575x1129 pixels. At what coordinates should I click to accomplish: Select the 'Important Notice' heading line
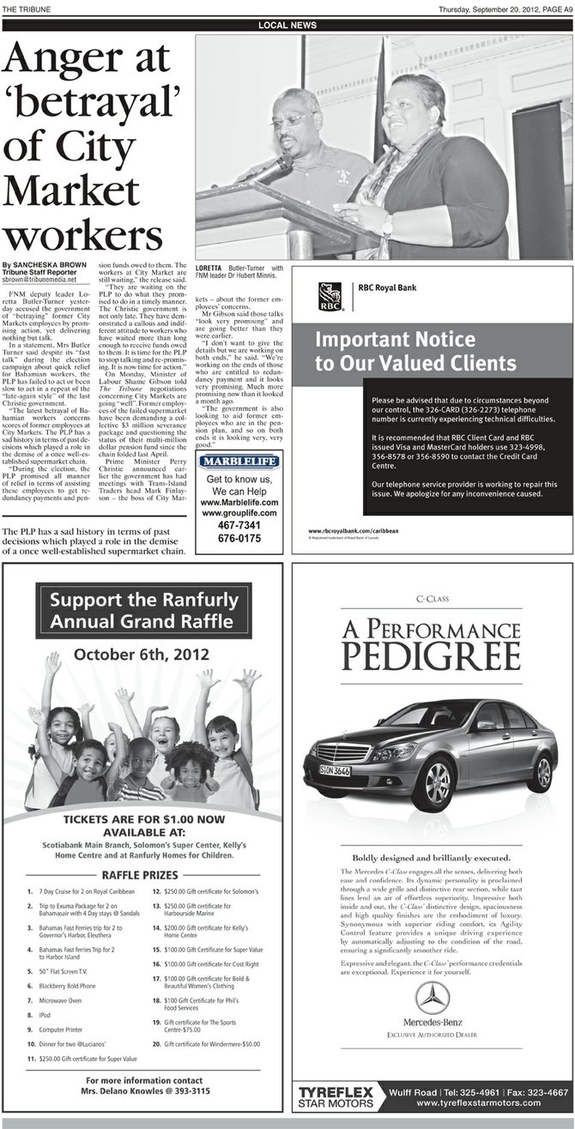395,339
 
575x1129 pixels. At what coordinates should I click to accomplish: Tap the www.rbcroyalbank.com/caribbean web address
353,531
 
